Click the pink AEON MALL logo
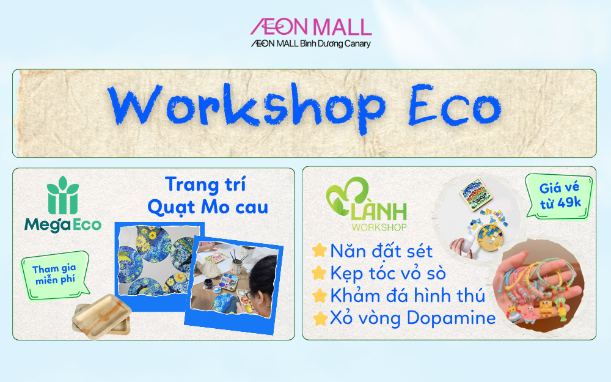[310, 28]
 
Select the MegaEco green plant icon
[63, 195]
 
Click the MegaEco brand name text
[63, 225]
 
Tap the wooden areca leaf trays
[101, 316]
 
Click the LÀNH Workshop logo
[366, 205]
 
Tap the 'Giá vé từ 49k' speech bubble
[559, 196]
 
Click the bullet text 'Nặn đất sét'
[381, 251]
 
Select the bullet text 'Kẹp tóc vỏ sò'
[388, 274]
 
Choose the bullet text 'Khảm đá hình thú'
[408, 296]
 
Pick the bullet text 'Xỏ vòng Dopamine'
[412, 318]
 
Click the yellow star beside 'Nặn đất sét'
[320, 251]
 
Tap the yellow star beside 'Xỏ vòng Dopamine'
[320, 318]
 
